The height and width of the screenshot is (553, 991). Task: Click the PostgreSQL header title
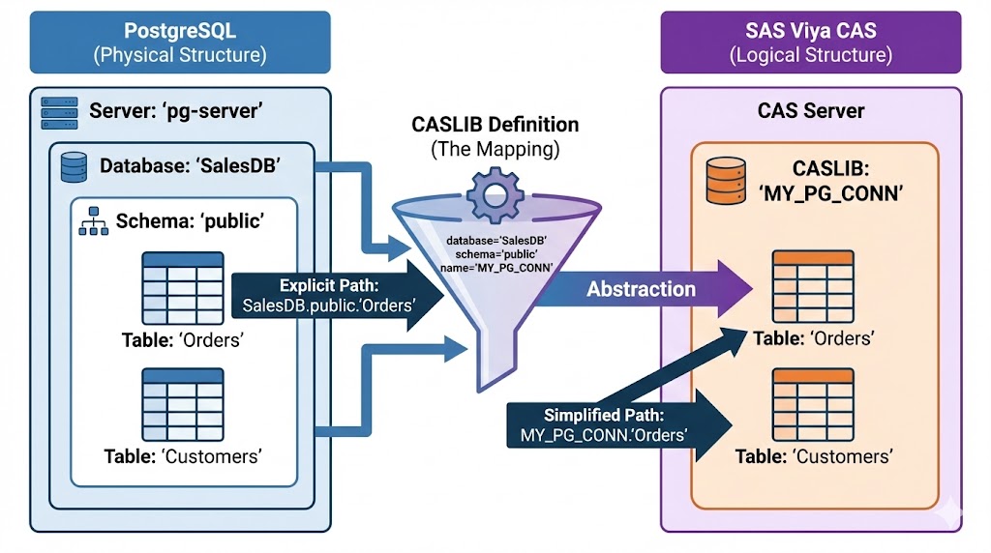tap(179, 29)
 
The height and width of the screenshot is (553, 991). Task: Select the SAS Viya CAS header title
tap(810, 29)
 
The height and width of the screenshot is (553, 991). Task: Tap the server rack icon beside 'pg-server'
tap(59, 111)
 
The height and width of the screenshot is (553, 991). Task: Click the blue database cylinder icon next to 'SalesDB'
tap(74, 166)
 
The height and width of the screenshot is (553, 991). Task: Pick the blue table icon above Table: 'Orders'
tap(182, 279)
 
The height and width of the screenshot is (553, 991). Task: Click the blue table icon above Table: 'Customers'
tap(182, 394)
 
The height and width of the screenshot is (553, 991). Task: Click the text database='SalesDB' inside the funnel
tap(496, 240)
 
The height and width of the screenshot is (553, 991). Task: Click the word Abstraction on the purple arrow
tap(641, 289)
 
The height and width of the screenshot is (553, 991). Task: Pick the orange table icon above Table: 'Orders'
tap(813, 279)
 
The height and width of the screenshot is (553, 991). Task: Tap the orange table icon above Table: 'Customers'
tap(813, 394)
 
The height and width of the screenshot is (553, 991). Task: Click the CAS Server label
tap(810, 110)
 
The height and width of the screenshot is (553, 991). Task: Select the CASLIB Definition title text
tap(495, 126)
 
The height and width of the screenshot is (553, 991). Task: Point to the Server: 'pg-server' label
tap(176, 111)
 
